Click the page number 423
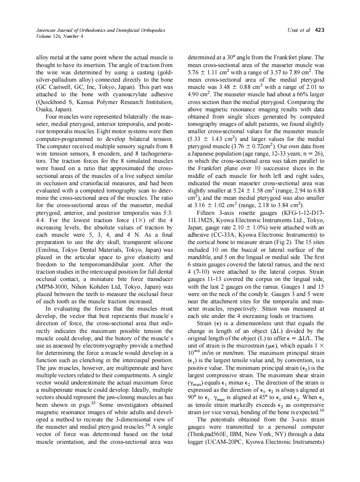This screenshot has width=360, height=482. [319, 30]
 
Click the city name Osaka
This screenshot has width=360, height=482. [44, 110]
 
